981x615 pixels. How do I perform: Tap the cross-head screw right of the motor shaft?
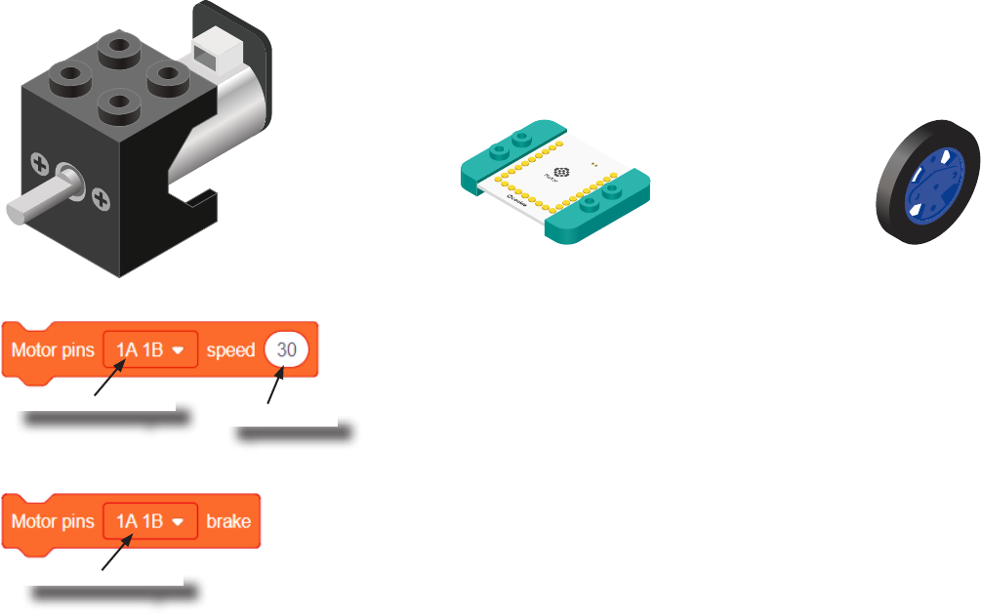tap(101, 201)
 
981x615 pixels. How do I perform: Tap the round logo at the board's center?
tap(561, 172)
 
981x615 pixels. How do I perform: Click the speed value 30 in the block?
tap(286, 349)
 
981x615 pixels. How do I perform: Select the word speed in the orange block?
tap(230, 349)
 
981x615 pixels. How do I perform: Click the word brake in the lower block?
tap(228, 521)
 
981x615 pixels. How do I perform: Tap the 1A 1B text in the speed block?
tap(140, 349)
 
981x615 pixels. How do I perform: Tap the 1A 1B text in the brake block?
tap(140, 521)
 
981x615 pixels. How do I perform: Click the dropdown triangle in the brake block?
tap(179, 522)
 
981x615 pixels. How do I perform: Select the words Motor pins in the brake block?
tap(53, 521)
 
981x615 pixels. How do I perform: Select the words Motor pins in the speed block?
tap(53, 349)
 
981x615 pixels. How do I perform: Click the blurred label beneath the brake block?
tap(112, 592)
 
